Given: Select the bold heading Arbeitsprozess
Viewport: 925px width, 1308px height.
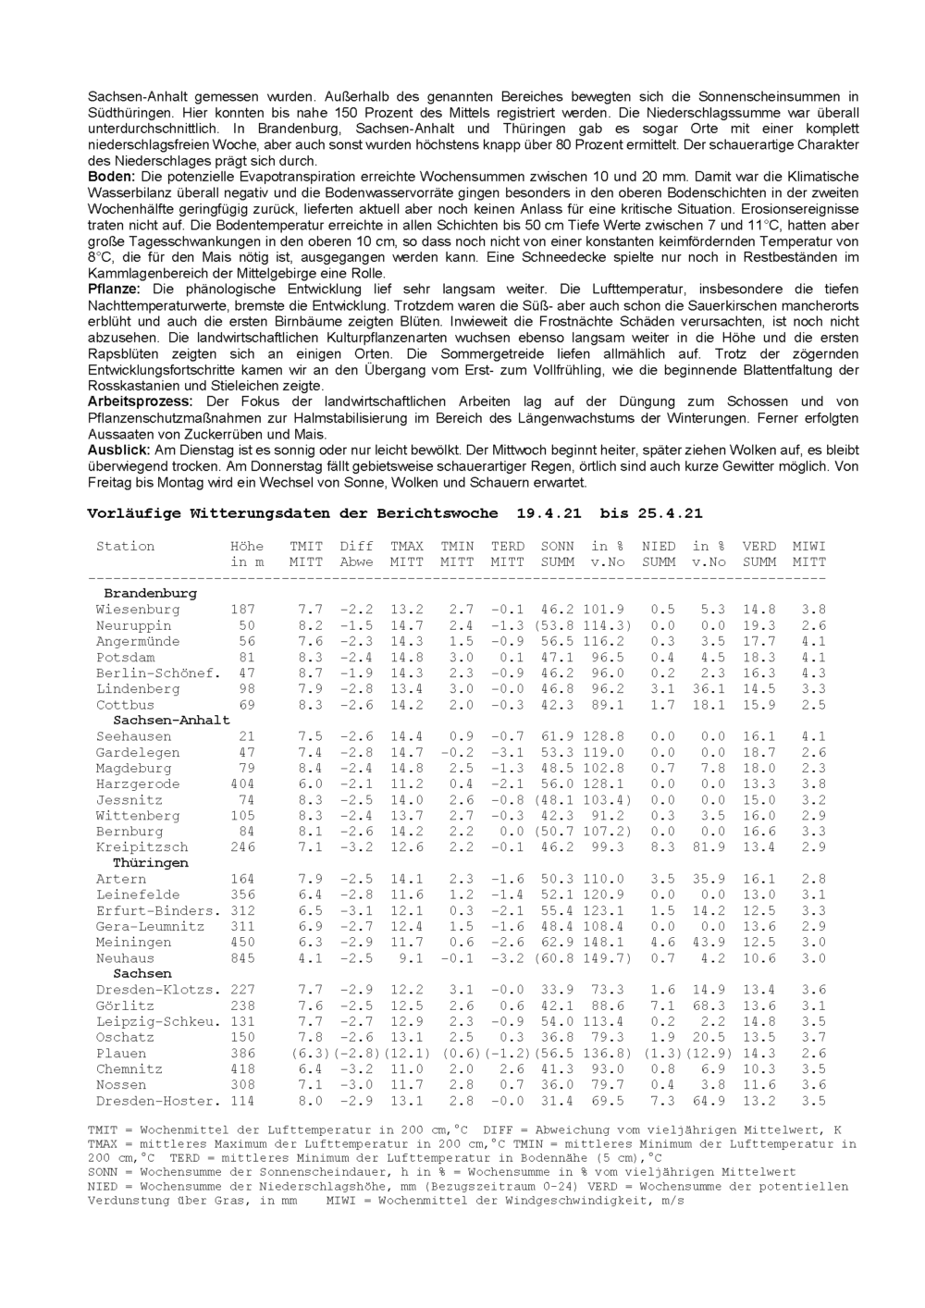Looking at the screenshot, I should [140, 401].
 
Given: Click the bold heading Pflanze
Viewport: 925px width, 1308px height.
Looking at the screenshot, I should [114, 290].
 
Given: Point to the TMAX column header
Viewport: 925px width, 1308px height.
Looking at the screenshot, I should [407, 547].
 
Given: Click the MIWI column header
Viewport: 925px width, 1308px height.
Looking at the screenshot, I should [809, 547].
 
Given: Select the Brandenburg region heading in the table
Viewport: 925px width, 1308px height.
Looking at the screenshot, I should [150, 593].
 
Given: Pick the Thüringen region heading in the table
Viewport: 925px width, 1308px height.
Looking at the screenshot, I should [150, 863].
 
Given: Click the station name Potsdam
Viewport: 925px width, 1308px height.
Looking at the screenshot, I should [125, 658].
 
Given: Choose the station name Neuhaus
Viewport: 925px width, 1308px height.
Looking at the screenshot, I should [125, 958].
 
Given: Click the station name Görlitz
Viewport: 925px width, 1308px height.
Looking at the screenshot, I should [125, 1006].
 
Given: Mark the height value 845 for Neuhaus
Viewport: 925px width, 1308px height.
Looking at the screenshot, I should [242, 958].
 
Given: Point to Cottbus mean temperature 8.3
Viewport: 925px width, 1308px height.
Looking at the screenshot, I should [310, 705].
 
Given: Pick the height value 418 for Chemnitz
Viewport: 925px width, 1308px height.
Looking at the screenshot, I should [242, 1069].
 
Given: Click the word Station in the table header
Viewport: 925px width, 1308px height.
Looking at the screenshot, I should [125, 547].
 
